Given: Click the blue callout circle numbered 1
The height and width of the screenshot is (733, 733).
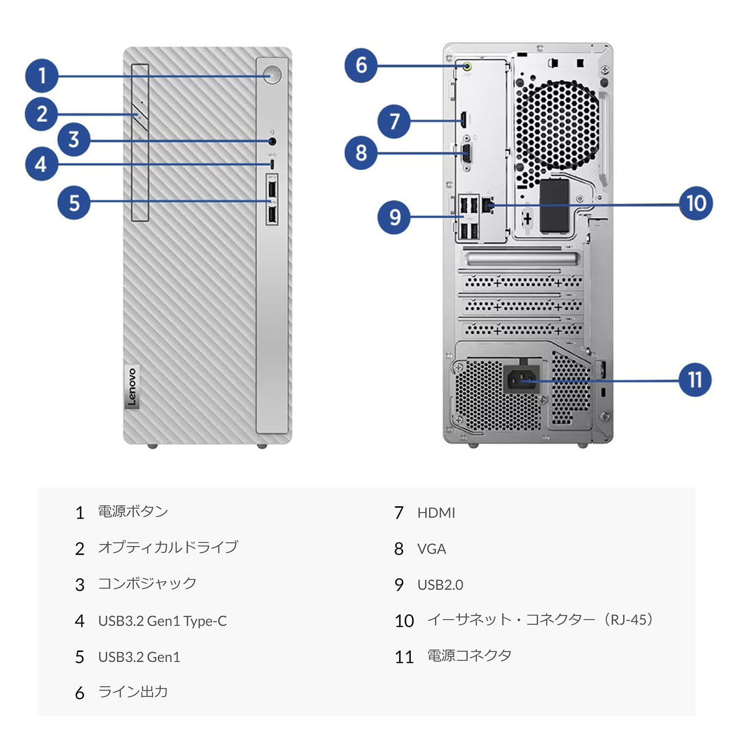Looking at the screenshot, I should pyautogui.click(x=42, y=76).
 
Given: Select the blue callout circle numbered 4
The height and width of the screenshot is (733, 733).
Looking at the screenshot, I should pyautogui.click(x=42, y=164).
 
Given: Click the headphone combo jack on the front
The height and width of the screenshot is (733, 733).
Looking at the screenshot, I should pyautogui.click(x=273, y=141).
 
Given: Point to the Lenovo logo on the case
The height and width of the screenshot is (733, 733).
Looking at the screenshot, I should pyautogui.click(x=131, y=387).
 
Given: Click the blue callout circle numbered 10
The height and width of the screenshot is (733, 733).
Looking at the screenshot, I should pyautogui.click(x=696, y=203).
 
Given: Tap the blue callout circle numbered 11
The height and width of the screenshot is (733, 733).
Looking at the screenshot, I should pyautogui.click(x=695, y=380).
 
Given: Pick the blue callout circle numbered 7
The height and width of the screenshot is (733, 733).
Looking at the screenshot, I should pyautogui.click(x=394, y=121).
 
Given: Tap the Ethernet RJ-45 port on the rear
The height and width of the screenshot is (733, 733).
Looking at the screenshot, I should pyautogui.click(x=488, y=204).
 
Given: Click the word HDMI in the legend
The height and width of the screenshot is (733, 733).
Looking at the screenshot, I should pyautogui.click(x=436, y=513).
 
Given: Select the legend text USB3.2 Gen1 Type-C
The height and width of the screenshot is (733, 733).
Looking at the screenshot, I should pyautogui.click(x=162, y=621).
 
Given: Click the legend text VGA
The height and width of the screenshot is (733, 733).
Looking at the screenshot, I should pyautogui.click(x=431, y=549).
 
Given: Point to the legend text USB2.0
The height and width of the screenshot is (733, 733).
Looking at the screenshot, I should pyautogui.click(x=440, y=584).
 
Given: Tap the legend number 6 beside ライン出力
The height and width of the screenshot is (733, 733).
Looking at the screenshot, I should pyautogui.click(x=80, y=693).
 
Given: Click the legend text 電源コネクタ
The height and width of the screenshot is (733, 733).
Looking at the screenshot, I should pyautogui.click(x=469, y=656).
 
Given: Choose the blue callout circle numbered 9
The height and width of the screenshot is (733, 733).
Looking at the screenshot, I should pyautogui.click(x=394, y=216).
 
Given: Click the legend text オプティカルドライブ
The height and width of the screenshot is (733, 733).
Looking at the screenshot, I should pyautogui.click(x=168, y=547).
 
